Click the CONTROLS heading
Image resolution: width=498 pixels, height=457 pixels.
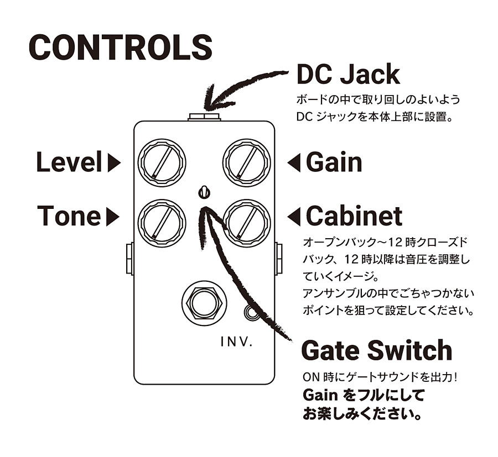pyautogui.click(x=121, y=48)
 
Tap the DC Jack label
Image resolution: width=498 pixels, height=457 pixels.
pyautogui.click(x=348, y=75)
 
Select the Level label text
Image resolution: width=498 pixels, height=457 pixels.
pyautogui.click(x=70, y=162)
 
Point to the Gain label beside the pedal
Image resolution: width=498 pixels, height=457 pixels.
pyautogui.click(x=334, y=162)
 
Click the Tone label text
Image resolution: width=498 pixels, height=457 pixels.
pyautogui.click(x=69, y=216)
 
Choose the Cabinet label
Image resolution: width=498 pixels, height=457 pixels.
pyautogui.click(x=354, y=216)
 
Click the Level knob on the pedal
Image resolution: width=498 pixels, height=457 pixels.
pyautogui.click(x=162, y=162)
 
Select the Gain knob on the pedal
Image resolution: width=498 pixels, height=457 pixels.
pyautogui.click(x=247, y=162)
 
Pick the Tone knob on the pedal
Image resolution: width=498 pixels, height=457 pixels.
pyautogui.click(x=162, y=223)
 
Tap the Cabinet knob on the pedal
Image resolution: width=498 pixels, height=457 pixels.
pyautogui.click(x=247, y=223)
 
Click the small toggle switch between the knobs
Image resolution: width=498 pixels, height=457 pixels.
pyautogui.click(x=204, y=192)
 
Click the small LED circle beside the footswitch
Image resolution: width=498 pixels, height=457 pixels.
pyautogui.click(x=252, y=312)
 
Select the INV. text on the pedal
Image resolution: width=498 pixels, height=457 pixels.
pyautogui.click(x=237, y=342)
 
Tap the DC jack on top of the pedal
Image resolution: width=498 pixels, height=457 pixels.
pyautogui.click(x=204, y=117)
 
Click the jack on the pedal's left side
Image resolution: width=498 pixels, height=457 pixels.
pyautogui.click(x=130, y=259)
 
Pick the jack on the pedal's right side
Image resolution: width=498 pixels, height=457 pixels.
pyautogui.click(x=278, y=259)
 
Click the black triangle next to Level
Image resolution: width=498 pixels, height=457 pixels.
pyautogui.click(x=114, y=163)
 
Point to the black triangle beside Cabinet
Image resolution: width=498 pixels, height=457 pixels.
pyautogui.click(x=294, y=216)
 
